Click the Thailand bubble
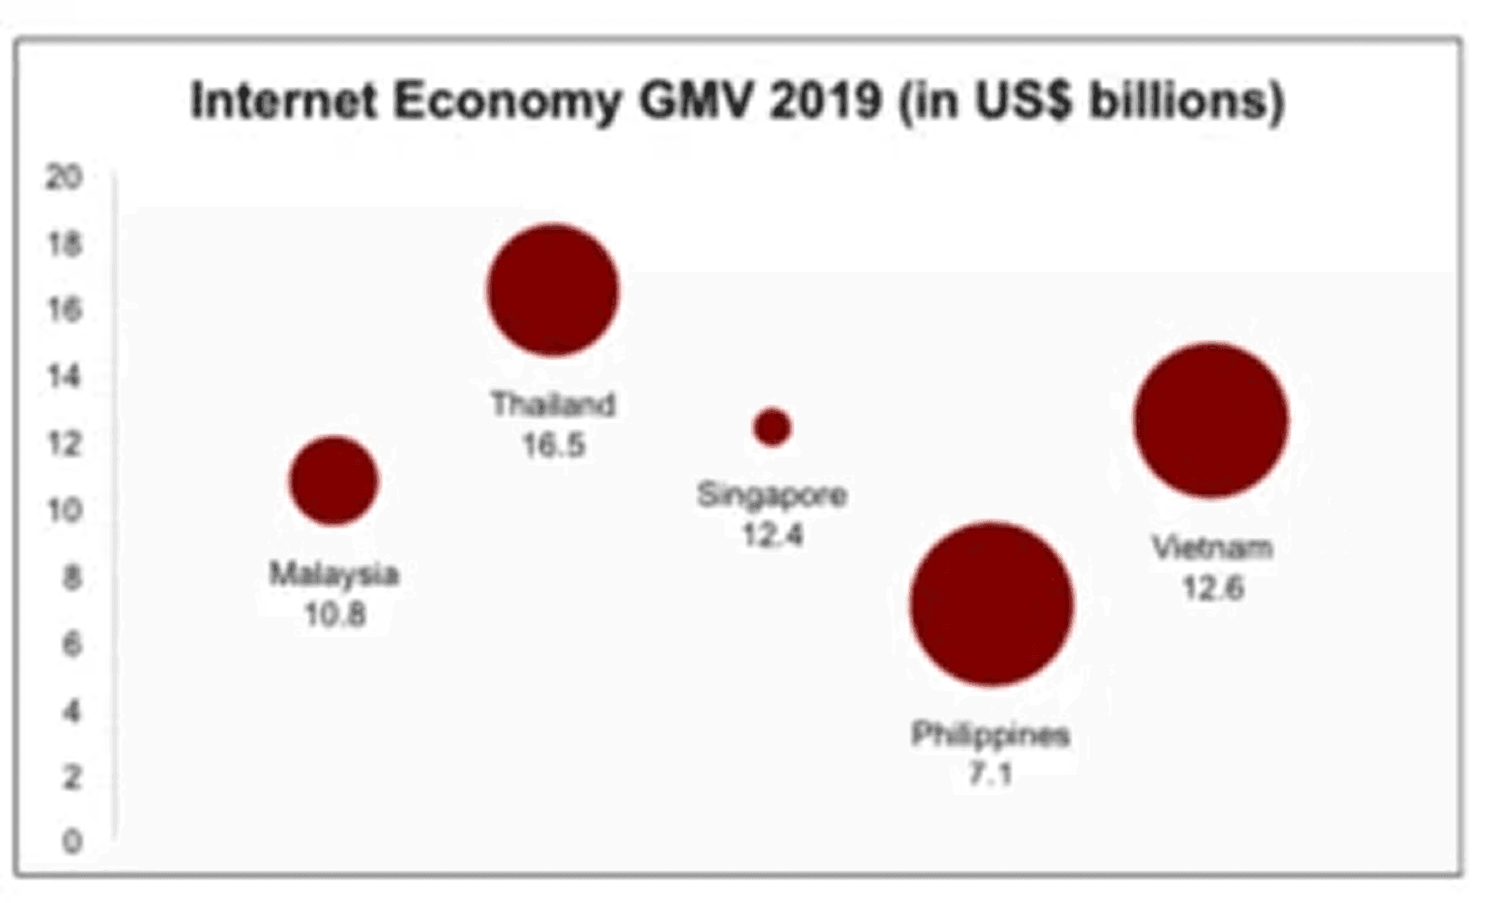[x=553, y=290]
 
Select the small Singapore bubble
[x=772, y=427]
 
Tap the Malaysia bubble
[x=334, y=481]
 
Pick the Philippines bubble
[x=992, y=603]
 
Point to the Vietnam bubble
[x=1211, y=420]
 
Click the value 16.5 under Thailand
[x=554, y=445]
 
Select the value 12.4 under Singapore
[x=772, y=536]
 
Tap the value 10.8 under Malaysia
[x=335, y=614]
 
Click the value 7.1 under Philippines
[x=990, y=773]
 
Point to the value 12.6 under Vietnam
[x=1212, y=588]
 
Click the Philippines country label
[x=990, y=734]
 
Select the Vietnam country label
[x=1212, y=547]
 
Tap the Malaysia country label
[x=335, y=574]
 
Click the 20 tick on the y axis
[x=64, y=177]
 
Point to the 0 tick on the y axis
[x=71, y=842]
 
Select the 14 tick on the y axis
[x=64, y=376]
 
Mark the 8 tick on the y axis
[x=71, y=577]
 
